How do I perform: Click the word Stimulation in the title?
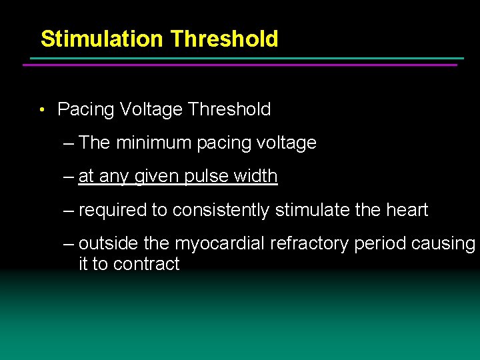pos(102,39)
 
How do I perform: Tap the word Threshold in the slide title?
pos(223,39)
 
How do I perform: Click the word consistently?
pos(221,210)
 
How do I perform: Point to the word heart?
pos(406,210)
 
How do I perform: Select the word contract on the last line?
pos(146,264)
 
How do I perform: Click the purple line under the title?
pos(240,65)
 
